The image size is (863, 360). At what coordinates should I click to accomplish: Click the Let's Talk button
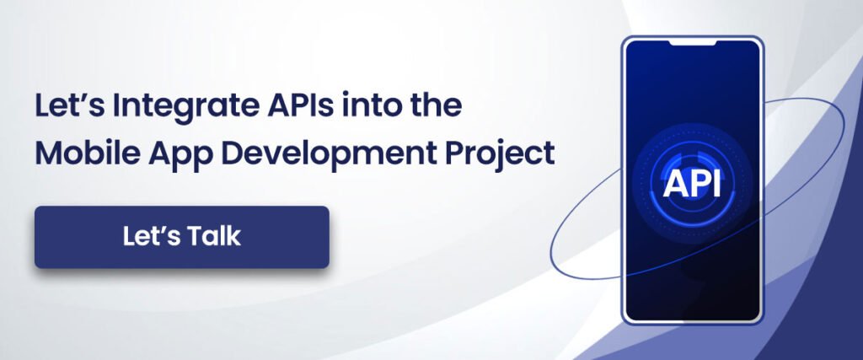[x=181, y=237]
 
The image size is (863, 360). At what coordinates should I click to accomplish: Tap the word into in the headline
[x=358, y=108]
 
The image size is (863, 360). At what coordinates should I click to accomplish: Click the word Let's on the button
[x=147, y=237]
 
